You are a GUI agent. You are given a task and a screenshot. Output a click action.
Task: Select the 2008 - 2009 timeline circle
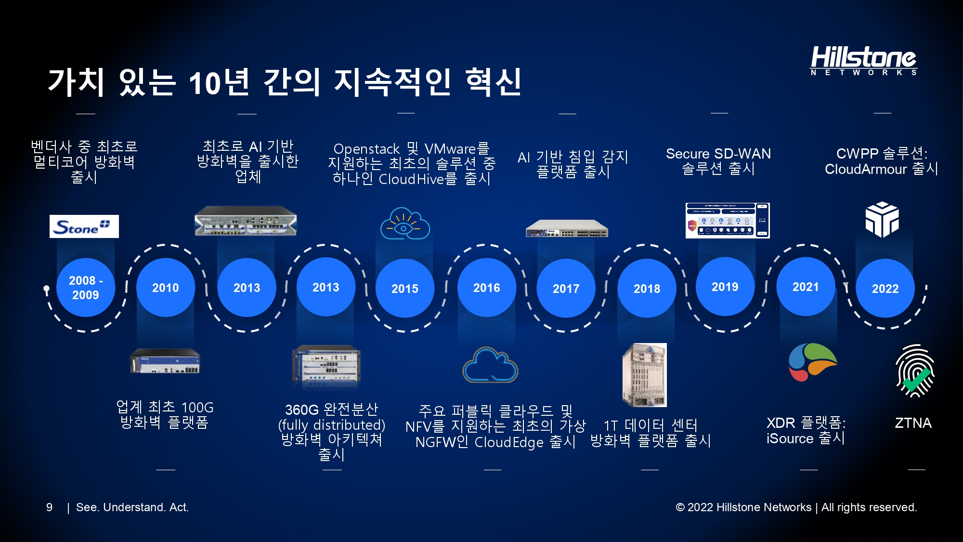[x=86, y=288]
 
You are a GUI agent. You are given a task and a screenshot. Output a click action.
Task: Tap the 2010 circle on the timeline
[x=166, y=288]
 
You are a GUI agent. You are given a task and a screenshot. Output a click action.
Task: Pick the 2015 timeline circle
[x=405, y=288]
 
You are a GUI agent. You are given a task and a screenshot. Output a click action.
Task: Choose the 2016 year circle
[x=487, y=288]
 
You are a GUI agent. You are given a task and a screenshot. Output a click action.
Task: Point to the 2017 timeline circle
[x=566, y=288]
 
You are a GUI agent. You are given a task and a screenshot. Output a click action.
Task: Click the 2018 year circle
[x=647, y=288]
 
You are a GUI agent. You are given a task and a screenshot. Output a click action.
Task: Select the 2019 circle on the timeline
[x=725, y=287]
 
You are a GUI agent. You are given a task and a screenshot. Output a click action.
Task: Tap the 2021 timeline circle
[x=806, y=287]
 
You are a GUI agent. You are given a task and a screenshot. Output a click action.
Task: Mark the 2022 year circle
[x=885, y=288]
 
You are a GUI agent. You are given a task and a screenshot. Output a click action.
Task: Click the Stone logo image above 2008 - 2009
[x=84, y=226]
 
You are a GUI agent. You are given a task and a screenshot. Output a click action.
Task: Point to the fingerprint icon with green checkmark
[x=915, y=370]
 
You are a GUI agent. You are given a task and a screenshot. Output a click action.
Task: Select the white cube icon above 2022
[x=882, y=220]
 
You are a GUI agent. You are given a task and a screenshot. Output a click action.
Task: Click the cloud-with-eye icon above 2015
[x=405, y=223]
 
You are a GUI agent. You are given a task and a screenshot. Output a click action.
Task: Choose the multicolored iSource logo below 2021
[x=813, y=362]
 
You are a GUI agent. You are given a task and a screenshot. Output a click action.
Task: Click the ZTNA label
[x=913, y=423]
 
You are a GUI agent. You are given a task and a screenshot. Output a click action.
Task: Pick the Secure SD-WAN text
[x=718, y=154]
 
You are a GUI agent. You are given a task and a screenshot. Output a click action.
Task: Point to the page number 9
[x=49, y=507]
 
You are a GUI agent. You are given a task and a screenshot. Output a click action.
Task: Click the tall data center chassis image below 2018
[x=645, y=375]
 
